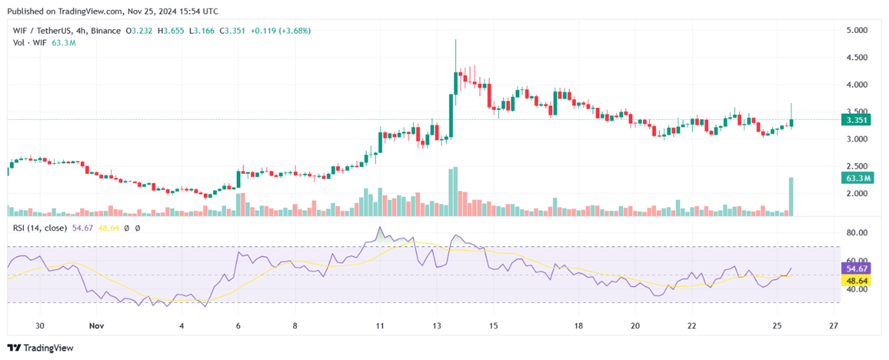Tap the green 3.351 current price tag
855,120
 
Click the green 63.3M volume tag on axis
857,178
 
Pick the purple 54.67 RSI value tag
854,268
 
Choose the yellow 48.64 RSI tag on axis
854,280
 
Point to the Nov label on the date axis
96,325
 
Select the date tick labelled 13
437,325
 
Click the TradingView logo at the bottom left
40,348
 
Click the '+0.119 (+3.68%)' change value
281,30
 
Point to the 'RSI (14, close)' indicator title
40,228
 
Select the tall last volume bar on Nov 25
791,196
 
